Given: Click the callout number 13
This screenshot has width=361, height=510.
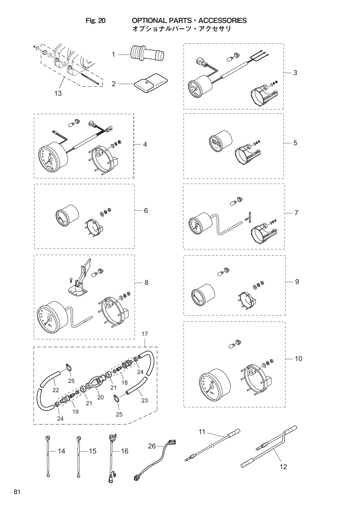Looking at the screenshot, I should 58,93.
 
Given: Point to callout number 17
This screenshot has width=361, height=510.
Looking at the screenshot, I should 145,334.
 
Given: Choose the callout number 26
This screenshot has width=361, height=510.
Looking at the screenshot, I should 152,446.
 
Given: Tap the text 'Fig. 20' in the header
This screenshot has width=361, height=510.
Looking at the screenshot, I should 96,21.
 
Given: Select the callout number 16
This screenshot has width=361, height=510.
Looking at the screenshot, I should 125,451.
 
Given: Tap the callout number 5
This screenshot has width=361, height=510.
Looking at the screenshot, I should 295,143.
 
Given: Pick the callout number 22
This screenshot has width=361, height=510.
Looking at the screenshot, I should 56,390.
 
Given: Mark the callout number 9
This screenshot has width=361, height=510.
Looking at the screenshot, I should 297,282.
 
